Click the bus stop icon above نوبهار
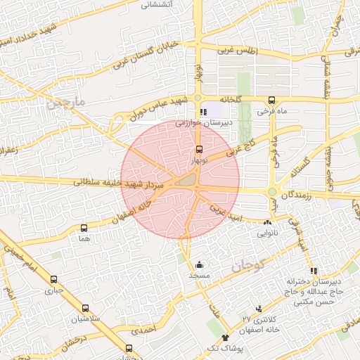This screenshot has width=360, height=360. [199, 149]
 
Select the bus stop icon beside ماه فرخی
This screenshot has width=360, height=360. [272, 99]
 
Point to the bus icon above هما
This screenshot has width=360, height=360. [84, 228]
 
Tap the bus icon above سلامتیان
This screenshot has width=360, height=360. [85, 308]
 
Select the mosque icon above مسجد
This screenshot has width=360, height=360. [199, 265]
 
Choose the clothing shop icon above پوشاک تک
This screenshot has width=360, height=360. [225, 338]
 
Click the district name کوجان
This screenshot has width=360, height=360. [247, 266]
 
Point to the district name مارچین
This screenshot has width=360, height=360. [66, 104]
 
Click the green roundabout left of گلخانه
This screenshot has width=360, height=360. [198, 98]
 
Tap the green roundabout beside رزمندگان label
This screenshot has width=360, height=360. [272, 192]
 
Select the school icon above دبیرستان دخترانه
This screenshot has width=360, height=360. [314, 271]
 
